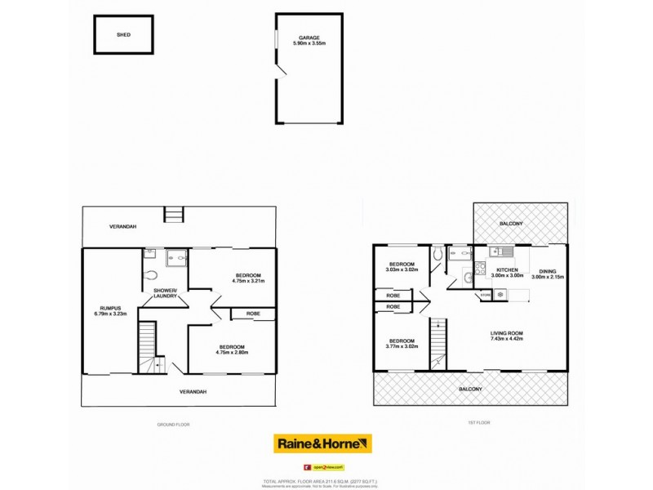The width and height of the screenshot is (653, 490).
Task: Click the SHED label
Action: tap(123, 35)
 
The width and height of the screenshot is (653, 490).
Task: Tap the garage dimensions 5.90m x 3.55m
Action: tap(308, 45)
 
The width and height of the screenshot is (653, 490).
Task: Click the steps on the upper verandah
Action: tap(172, 215)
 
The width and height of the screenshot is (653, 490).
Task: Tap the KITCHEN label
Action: tap(507, 269)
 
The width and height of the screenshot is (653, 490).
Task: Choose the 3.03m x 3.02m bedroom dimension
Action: tap(402, 269)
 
